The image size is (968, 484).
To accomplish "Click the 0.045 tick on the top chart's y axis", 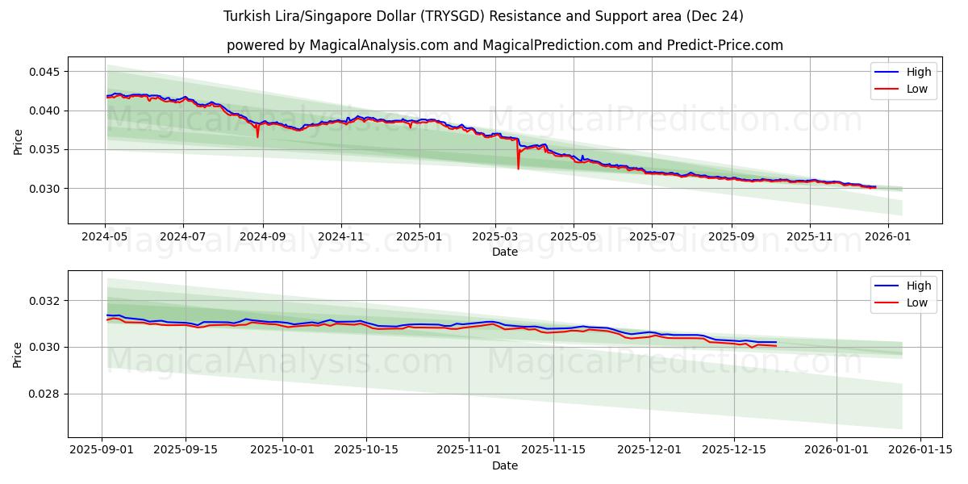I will (x=46, y=72).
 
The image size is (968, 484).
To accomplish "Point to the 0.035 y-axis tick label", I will (x=46, y=150).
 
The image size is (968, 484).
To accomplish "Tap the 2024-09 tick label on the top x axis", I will (x=261, y=237).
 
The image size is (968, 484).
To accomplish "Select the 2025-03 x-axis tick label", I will (x=494, y=237).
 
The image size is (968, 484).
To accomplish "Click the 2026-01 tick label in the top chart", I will (x=887, y=237).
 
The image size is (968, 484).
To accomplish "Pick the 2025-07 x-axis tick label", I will (x=651, y=237).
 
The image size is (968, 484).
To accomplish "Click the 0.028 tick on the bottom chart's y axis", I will (x=46, y=394).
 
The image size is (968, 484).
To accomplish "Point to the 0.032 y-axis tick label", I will (x=46, y=301).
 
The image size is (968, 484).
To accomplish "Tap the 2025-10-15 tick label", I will (x=366, y=450).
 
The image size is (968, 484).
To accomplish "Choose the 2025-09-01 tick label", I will (x=102, y=450).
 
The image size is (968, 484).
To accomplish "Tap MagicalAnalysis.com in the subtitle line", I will (x=378, y=45).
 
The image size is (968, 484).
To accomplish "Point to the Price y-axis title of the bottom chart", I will (x=18, y=354).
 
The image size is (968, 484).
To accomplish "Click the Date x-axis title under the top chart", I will (x=505, y=252).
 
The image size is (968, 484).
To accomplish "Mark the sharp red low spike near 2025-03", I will (x=518, y=168).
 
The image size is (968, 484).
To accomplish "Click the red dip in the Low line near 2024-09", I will (x=258, y=136).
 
